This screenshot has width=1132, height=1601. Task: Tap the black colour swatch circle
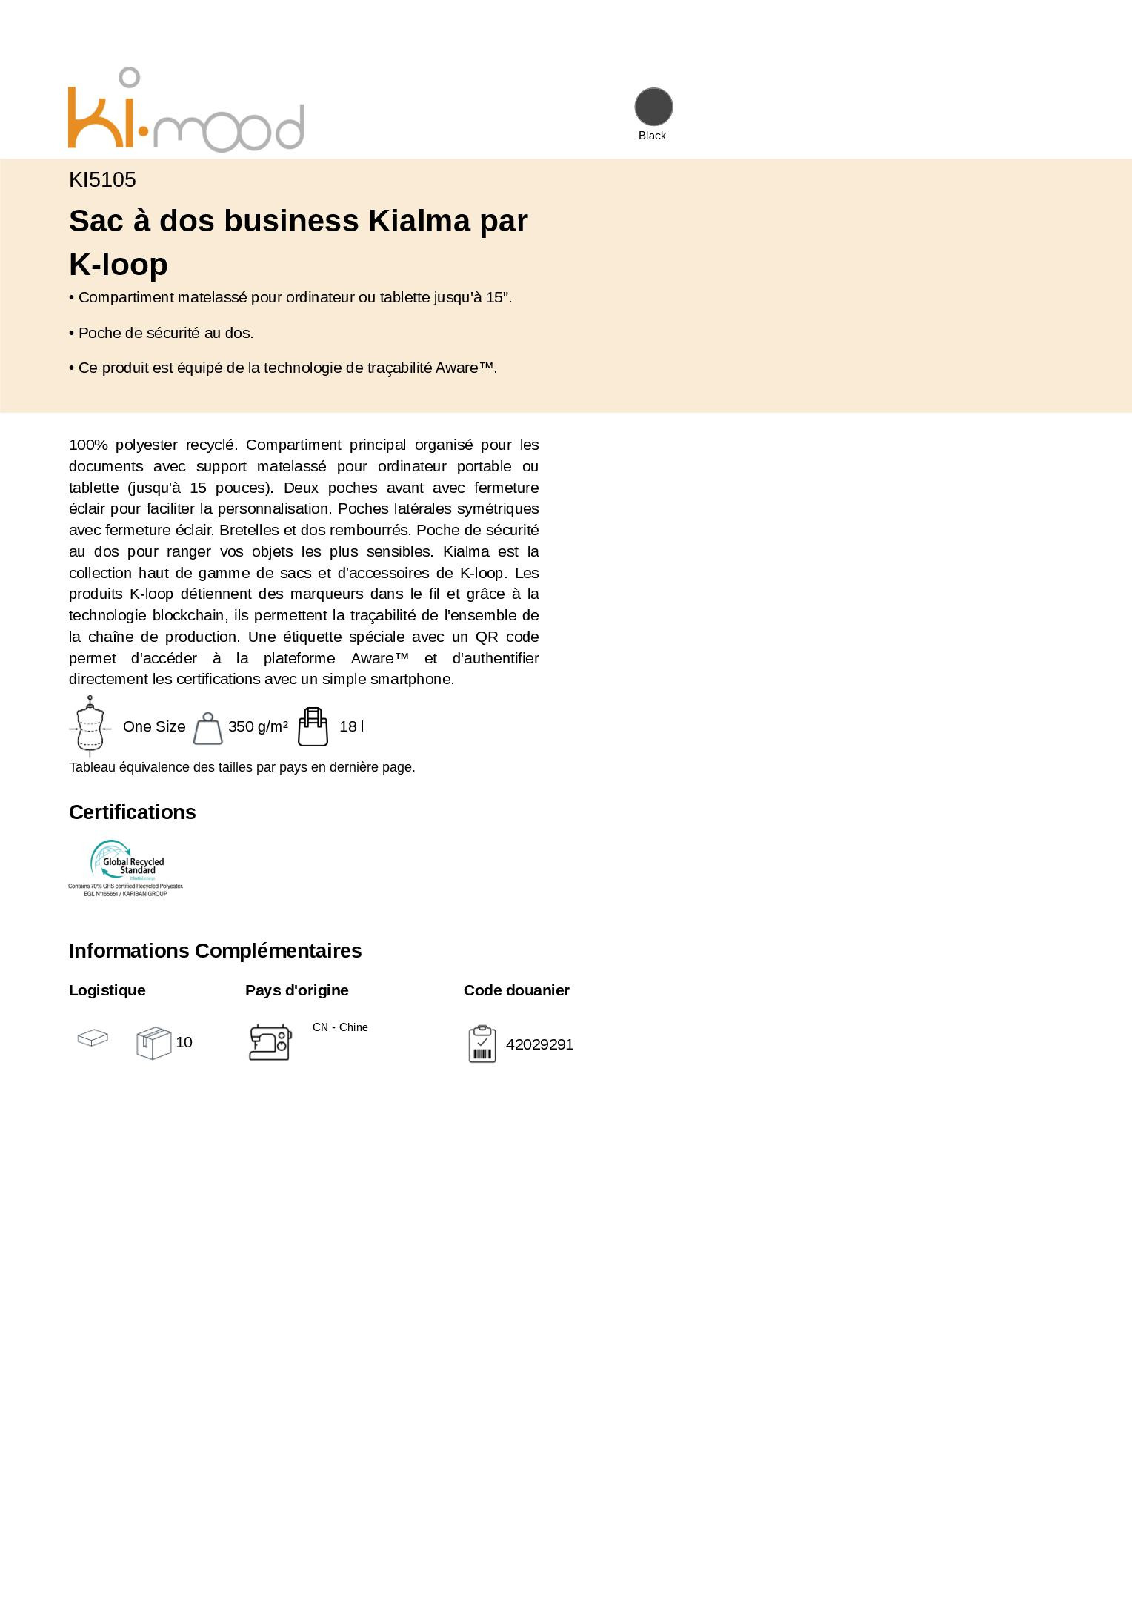(x=653, y=107)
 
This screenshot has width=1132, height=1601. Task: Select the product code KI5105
(x=102, y=180)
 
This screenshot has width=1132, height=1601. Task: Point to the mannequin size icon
(x=90, y=726)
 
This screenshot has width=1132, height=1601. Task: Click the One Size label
(x=154, y=726)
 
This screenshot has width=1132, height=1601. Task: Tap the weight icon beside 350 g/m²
(x=207, y=729)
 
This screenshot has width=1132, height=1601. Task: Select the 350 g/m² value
(x=258, y=726)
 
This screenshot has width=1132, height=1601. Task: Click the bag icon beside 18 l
(x=313, y=727)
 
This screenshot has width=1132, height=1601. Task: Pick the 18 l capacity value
(x=351, y=726)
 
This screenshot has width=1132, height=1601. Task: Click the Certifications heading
(x=132, y=812)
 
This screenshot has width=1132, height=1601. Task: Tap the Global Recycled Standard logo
(x=126, y=868)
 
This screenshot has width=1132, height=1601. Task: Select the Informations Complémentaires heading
(x=215, y=951)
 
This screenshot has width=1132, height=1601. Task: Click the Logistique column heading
(x=107, y=991)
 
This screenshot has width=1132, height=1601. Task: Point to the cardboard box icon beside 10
(x=153, y=1043)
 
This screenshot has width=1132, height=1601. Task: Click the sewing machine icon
(x=270, y=1043)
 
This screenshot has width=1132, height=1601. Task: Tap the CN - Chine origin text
(x=340, y=1027)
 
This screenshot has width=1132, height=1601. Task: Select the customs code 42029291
(x=539, y=1045)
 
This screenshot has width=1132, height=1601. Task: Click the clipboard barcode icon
(x=482, y=1044)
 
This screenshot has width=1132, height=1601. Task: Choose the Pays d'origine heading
(x=296, y=991)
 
